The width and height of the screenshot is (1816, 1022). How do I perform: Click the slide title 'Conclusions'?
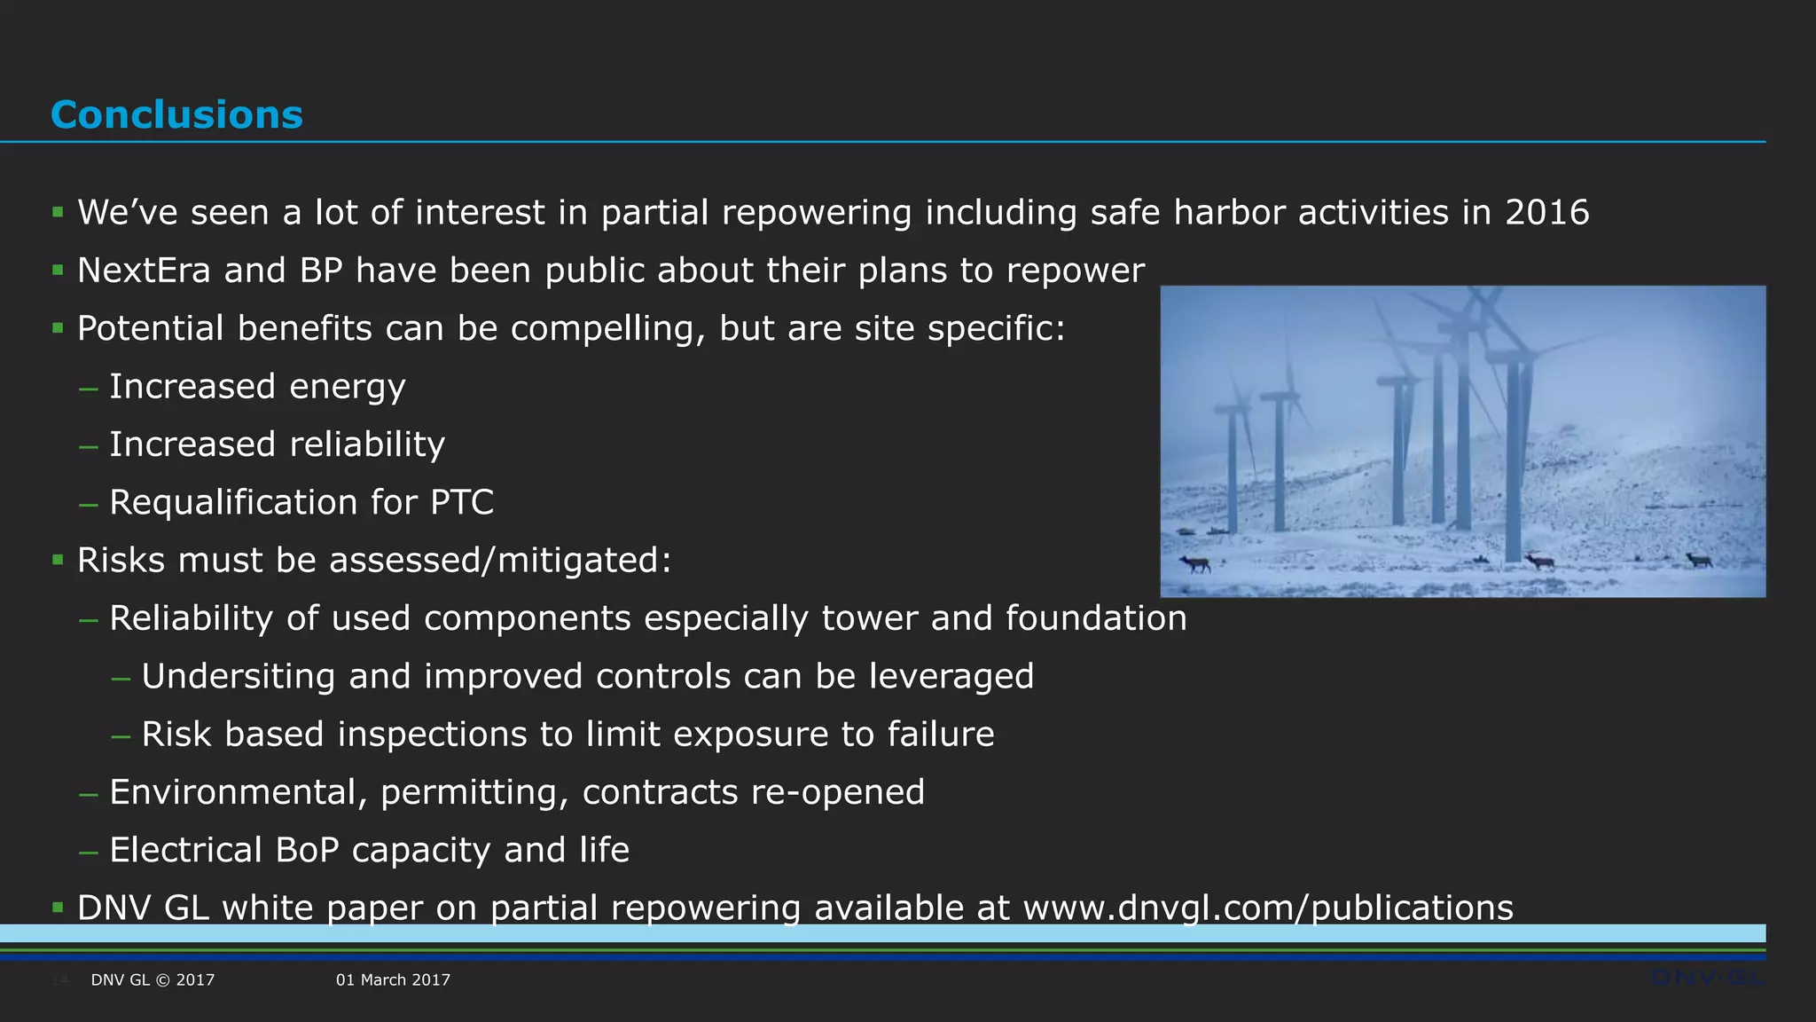point(176,115)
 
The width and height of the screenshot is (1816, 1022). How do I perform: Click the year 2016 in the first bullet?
point(1546,213)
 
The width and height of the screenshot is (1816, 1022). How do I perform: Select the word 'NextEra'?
point(144,271)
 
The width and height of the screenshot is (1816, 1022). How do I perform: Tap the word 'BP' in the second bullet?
point(320,271)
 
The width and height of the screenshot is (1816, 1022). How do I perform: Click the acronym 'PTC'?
point(461,502)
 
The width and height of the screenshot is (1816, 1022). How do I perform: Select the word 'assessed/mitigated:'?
point(500,561)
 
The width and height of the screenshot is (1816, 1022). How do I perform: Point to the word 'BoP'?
point(307,850)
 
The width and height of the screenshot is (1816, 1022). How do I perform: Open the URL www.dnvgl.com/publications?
point(1268,908)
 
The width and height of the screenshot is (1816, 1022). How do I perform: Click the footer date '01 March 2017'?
point(393,980)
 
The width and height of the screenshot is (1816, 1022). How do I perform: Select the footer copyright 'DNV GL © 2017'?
point(153,980)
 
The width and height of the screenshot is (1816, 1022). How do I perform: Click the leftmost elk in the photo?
point(1195,563)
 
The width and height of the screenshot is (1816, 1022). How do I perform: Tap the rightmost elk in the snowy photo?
point(1699,560)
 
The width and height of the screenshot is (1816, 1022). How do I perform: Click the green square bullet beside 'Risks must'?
point(58,560)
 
